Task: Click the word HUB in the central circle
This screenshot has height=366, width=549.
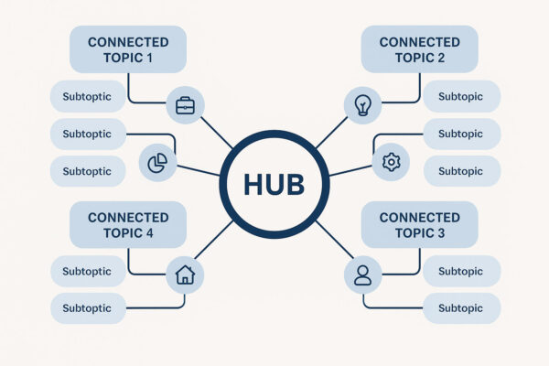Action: [274, 183]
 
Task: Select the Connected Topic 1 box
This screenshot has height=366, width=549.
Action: [128, 49]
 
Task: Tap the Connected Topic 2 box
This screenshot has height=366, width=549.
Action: [420, 49]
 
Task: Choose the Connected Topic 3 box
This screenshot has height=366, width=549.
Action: [420, 225]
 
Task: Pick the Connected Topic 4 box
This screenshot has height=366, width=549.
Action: [128, 225]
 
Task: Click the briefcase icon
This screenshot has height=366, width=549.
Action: [185, 105]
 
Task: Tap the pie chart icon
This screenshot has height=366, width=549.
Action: [157, 162]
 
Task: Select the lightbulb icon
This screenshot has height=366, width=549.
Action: [362, 105]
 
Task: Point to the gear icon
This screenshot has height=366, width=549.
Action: [391, 162]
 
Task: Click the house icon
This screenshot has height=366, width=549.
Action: [185, 274]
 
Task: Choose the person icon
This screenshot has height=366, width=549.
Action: [362, 274]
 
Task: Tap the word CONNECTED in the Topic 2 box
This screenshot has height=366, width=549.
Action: [420, 42]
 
